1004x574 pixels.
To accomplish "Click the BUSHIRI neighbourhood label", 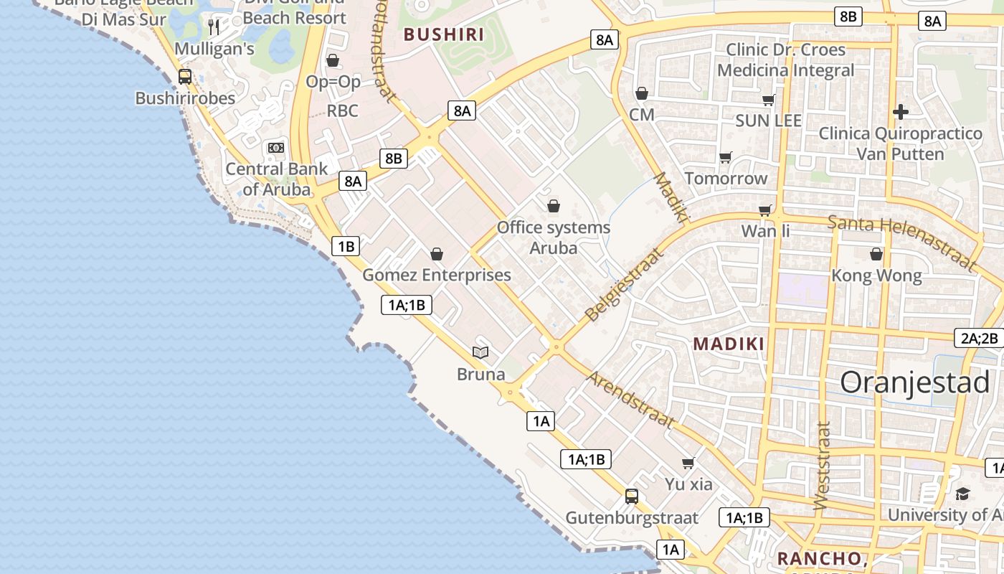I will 444,34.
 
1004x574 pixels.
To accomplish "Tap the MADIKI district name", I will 729,344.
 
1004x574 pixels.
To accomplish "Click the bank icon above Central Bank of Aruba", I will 276,148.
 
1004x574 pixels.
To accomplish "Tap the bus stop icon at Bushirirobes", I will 185,77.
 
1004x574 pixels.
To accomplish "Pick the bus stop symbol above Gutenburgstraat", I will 632,496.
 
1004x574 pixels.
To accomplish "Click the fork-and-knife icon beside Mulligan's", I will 214,27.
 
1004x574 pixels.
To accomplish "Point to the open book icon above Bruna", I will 480,352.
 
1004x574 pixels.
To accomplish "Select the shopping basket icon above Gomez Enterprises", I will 437,254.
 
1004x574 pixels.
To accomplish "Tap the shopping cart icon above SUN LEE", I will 768,100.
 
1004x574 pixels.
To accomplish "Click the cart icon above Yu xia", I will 688,463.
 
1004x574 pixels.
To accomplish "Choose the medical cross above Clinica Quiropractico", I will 901,112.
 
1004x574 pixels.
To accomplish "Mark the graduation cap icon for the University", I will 962,494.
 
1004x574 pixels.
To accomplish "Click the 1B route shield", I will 346,247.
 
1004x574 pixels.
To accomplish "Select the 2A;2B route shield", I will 979,339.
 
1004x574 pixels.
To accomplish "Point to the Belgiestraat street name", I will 622,285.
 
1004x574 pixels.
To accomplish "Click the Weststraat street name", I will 823,465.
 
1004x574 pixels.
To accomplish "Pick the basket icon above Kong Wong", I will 876,254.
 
